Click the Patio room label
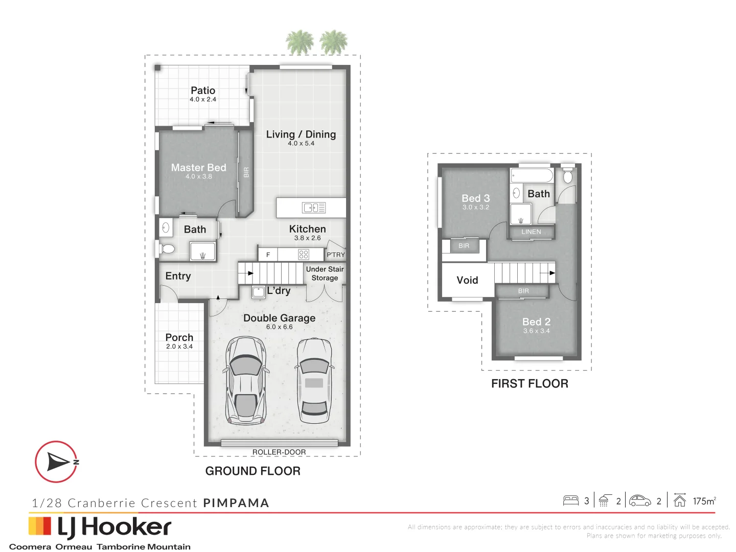[203, 90]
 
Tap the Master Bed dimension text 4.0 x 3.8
[199, 176]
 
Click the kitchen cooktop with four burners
[304, 254]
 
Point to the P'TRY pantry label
[336, 255]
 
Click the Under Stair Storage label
[325, 273]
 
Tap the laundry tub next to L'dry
[259, 292]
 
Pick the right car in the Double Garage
[314, 380]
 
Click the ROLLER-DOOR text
[279, 452]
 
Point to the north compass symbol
[56, 462]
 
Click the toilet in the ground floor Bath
[167, 249]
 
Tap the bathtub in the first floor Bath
[532, 176]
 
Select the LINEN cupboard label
[531, 232]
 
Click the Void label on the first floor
[467, 280]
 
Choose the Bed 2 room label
[536, 321]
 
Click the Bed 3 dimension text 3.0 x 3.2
[476, 207]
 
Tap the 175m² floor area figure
[704, 501]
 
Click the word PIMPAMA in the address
[236, 503]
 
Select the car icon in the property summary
[640, 501]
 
